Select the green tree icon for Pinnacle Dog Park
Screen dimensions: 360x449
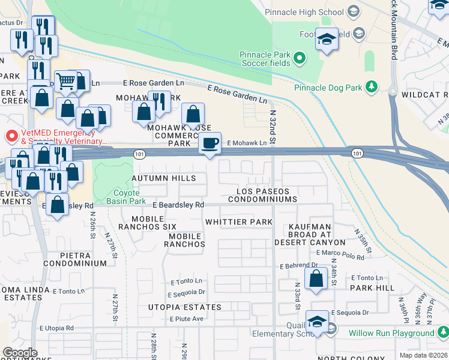point(372,88)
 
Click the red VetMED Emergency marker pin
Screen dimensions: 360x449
point(10,136)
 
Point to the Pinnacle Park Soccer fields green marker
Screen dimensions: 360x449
point(299,59)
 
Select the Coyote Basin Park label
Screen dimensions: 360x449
point(127,197)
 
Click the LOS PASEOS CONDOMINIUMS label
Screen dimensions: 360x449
point(263,195)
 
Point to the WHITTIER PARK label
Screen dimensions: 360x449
point(239,222)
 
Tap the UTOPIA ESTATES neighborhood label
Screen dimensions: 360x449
point(185,307)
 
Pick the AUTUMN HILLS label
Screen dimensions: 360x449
point(163,178)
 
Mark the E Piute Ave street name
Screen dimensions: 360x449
point(187,319)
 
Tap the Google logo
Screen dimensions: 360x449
point(20,353)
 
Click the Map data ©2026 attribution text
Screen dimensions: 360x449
point(424,355)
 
